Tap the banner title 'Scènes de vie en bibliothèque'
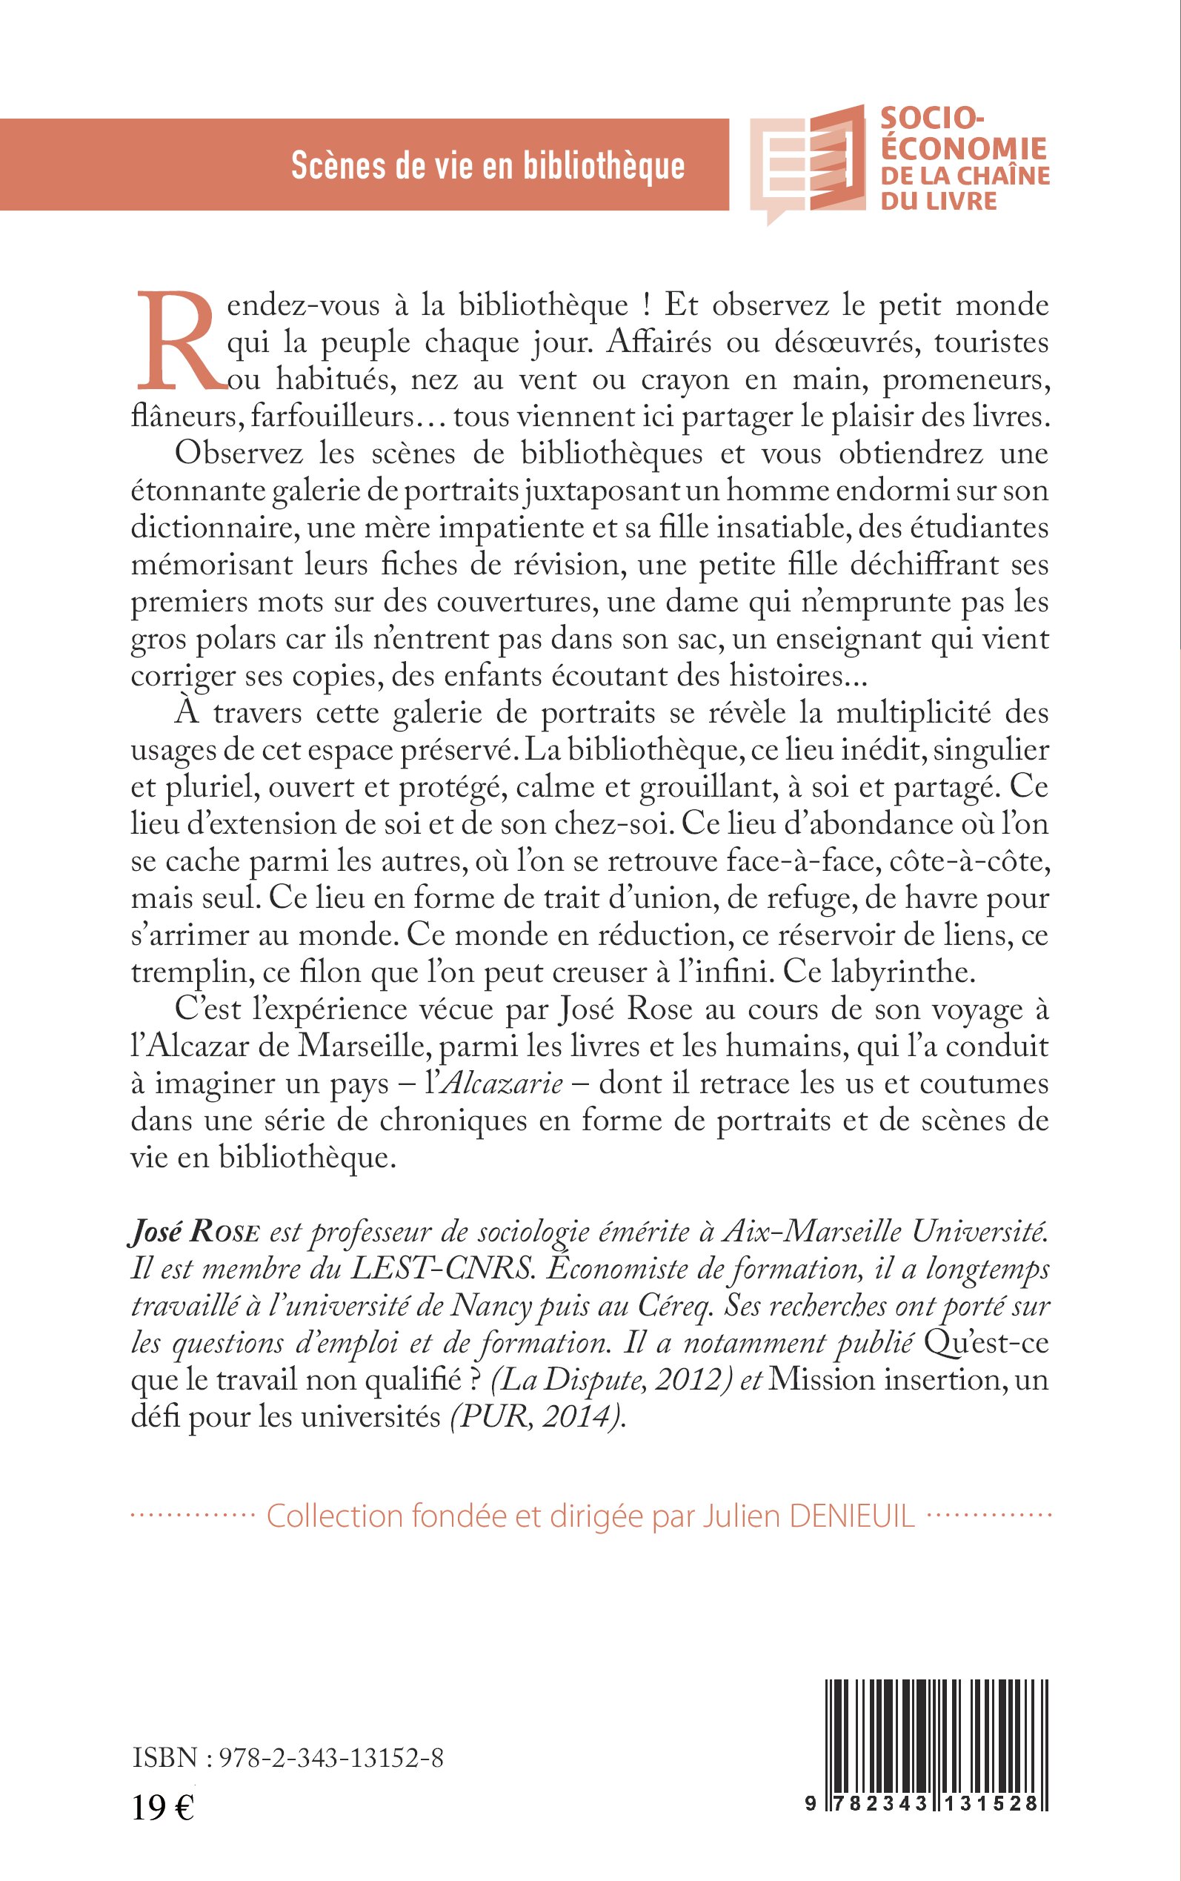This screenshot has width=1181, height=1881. (x=488, y=165)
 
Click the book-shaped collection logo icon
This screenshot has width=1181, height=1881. (x=808, y=162)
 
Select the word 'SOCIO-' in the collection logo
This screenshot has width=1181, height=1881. (x=931, y=118)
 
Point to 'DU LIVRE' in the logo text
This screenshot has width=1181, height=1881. (x=939, y=202)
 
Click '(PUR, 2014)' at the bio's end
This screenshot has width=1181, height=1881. (x=538, y=1417)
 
